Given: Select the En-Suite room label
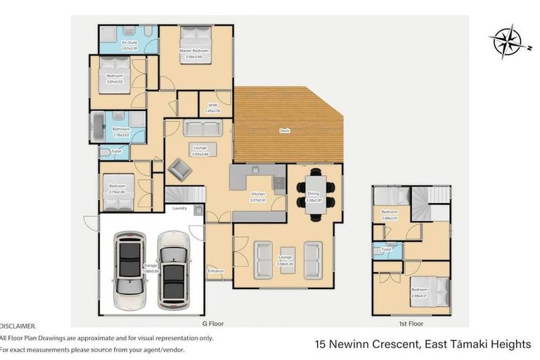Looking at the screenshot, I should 129,44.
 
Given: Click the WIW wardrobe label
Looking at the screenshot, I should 212,105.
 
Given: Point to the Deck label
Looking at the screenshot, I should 284,130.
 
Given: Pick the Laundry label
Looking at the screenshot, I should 179,207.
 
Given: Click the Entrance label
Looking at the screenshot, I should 215,270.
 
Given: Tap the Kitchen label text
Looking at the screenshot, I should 258,193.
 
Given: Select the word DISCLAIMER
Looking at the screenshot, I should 18,326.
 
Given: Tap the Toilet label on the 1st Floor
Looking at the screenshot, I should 386,250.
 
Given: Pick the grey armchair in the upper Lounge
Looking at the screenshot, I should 180,169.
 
